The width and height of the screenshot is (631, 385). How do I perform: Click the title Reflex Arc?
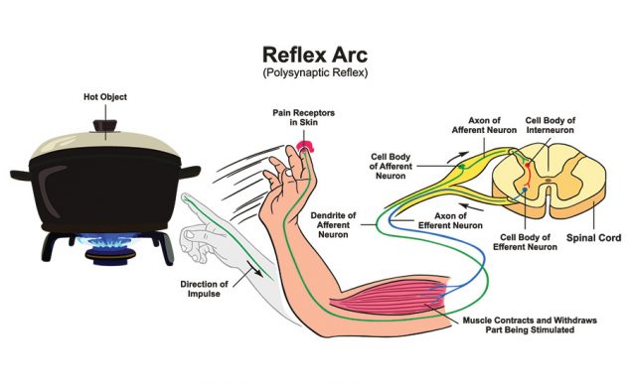point(317,53)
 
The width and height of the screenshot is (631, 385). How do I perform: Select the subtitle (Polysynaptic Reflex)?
point(317,74)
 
